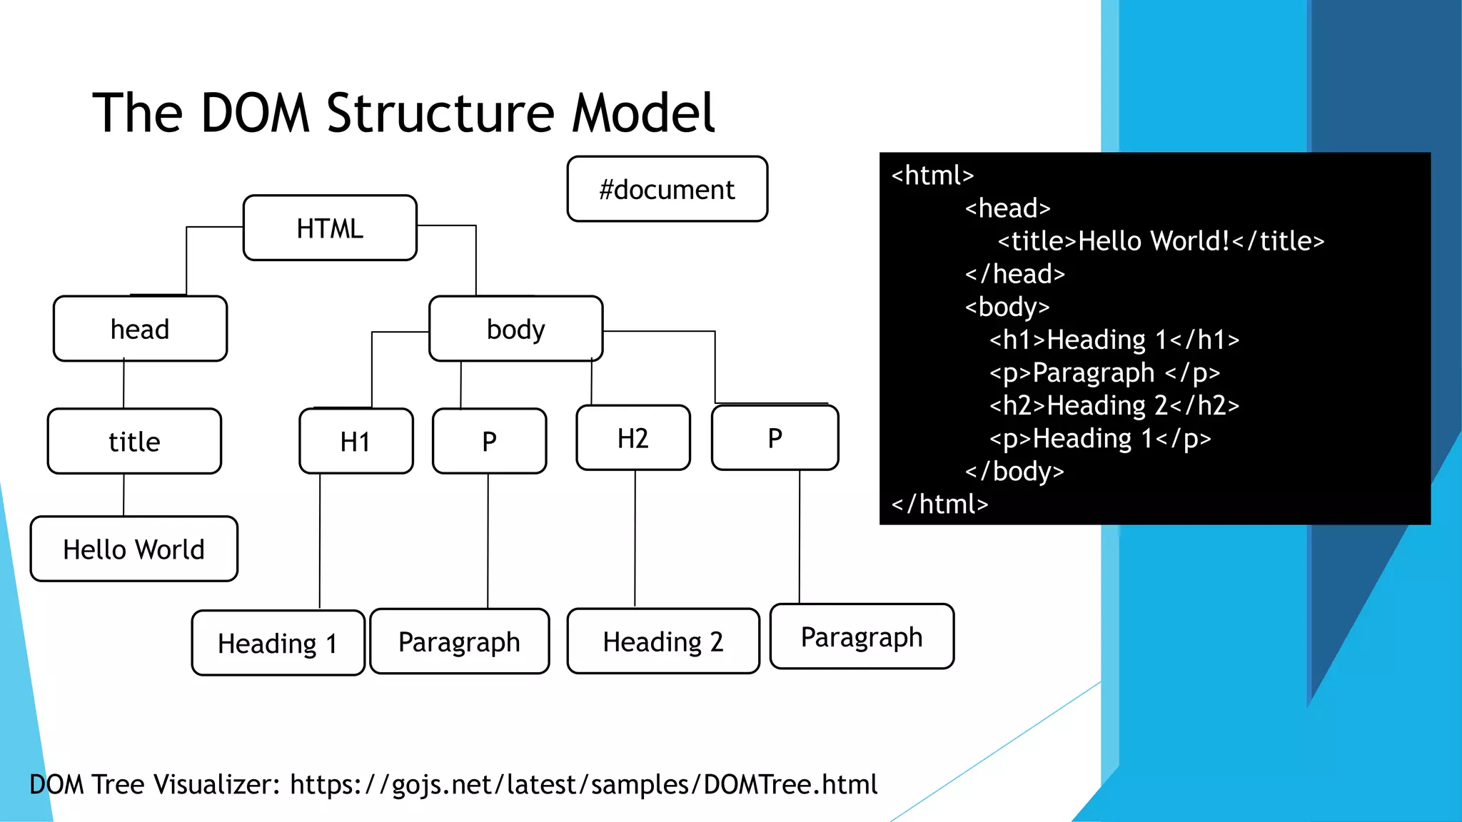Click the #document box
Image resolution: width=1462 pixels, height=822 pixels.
[667, 189]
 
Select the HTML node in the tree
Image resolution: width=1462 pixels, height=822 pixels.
[330, 228]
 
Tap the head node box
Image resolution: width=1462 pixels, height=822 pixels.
[140, 329]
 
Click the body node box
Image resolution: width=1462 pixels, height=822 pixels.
[515, 329]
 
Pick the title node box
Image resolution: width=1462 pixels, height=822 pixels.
[134, 442]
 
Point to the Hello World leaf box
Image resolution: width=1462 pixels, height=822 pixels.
[133, 549]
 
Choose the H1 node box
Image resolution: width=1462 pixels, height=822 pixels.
[356, 442]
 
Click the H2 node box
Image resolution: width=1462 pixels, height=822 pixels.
[632, 438]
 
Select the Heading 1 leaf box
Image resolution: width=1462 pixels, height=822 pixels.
[278, 643]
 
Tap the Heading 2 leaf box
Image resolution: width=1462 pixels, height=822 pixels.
[662, 641]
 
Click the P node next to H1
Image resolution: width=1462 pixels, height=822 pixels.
[489, 442]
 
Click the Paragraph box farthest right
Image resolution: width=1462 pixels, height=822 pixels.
[862, 636]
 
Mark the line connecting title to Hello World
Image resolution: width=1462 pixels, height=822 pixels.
[123, 495]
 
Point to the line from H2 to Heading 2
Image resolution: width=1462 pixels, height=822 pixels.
[635, 539]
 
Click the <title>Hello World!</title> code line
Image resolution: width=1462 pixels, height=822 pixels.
[1161, 241]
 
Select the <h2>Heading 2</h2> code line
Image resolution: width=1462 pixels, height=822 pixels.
[1114, 405]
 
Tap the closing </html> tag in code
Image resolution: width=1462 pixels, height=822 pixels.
[939, 504]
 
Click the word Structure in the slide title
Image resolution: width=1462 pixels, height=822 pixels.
[440, 113]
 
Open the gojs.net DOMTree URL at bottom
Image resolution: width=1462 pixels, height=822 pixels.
[583, 784]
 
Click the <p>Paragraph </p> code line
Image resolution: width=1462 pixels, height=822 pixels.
[1104, 372]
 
